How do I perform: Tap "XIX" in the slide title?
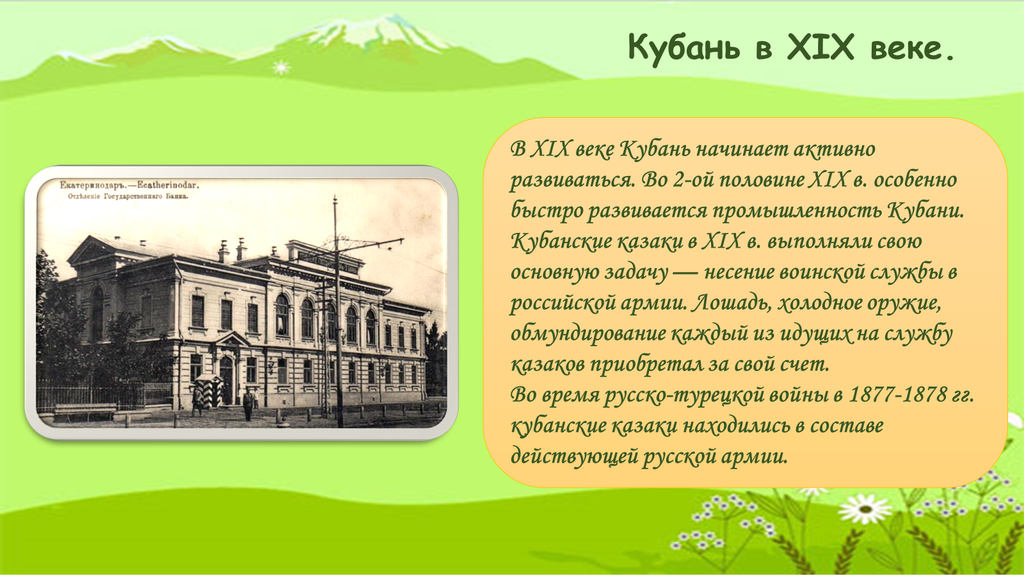(820, 47)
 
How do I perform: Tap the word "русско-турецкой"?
(683, 395)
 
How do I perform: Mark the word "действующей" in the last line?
(574, 456)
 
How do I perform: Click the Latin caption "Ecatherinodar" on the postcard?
(166, 185)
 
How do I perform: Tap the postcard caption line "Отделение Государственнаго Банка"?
(128, 196)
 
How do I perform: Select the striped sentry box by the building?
(209, 391)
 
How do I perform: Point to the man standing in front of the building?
(248, 404)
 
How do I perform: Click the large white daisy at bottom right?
(865, 508)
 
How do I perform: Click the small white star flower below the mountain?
(281, 67)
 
